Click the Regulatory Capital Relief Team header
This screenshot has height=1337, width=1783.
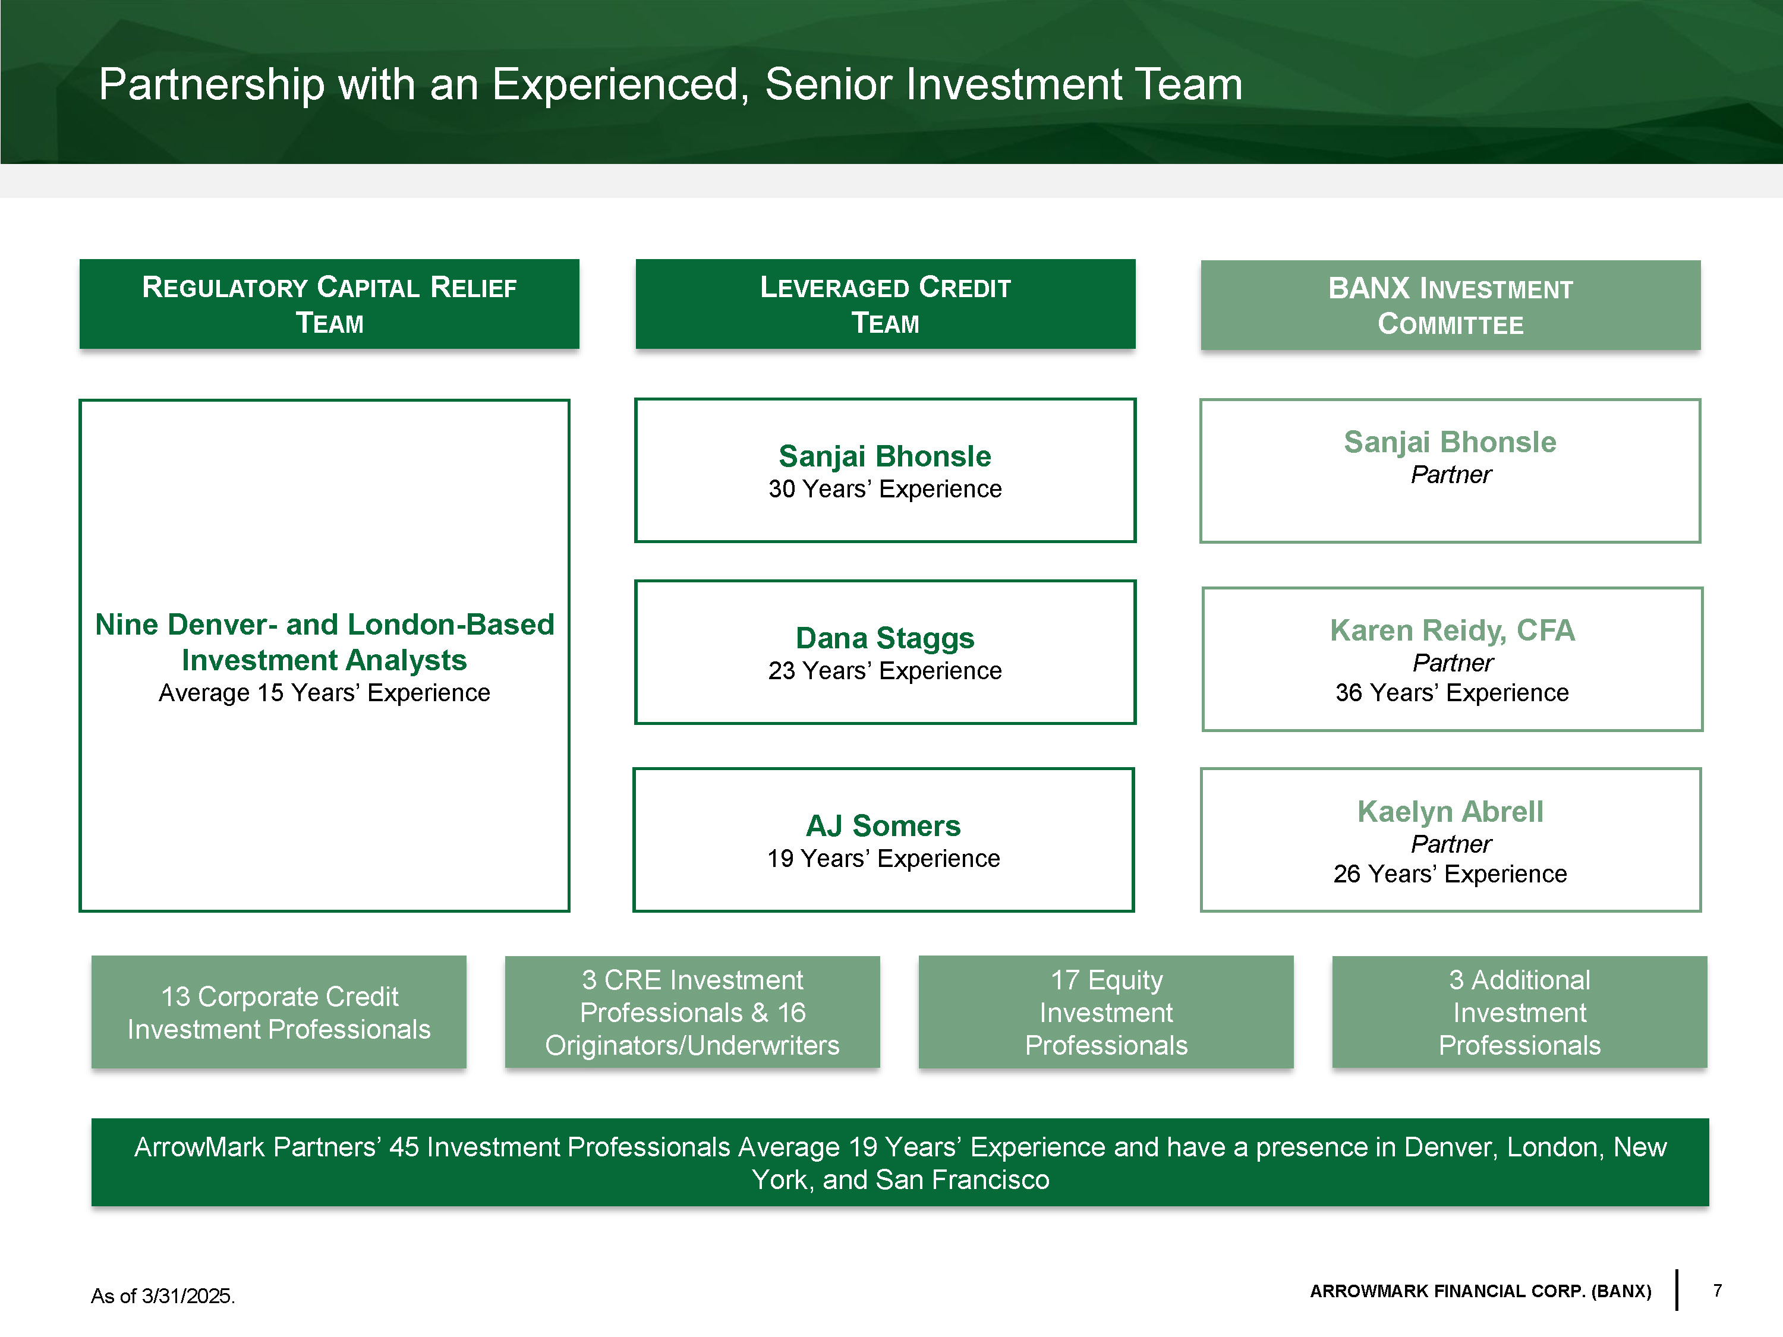[329, 304]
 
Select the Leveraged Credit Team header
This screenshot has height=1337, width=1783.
[885, 304]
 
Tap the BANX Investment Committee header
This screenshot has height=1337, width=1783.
[1450, 305]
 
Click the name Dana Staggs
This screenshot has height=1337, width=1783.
[884, 638]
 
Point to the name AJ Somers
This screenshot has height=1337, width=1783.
[883, 825]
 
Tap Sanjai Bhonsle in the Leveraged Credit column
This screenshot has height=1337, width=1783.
[884, 456]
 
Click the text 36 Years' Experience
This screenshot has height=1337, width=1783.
[1452, 692]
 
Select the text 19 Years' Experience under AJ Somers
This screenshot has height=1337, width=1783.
[883, 858]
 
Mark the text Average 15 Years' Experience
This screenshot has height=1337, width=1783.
[324, 692]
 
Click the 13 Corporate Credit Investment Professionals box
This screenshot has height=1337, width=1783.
[279, 1012]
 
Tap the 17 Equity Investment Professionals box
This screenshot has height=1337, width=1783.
[1106, 1012]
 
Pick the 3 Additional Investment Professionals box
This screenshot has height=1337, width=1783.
[1520, 1012]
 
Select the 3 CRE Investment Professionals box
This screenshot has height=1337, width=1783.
[692, 1012]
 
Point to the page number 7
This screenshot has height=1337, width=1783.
[1718, 1290]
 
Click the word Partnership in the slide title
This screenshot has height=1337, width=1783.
[210, 84]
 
